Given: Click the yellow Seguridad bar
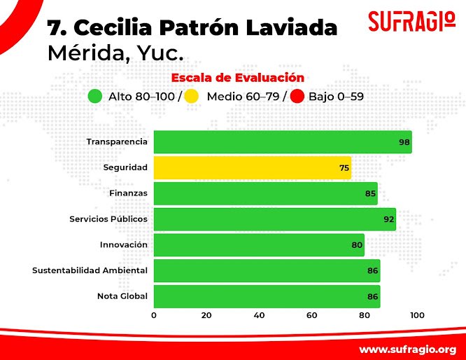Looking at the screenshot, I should pos(252,168).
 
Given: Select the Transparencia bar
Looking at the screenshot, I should pos(282,142).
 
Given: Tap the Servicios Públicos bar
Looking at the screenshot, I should pos(274,219).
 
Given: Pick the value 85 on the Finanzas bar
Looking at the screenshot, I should pos(370,194).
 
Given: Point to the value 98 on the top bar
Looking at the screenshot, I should pos(404,142).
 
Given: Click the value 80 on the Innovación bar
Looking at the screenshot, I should pos(356,245).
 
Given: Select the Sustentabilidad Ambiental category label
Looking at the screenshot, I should pos(90,270).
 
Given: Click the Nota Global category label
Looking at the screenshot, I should pos(122,296).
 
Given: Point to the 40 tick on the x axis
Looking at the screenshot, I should pos(259,315).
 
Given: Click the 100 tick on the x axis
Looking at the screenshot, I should pos(417,315).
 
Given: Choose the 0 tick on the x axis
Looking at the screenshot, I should pos(154,315).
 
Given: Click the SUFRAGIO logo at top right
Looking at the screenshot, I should pos(406,21).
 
